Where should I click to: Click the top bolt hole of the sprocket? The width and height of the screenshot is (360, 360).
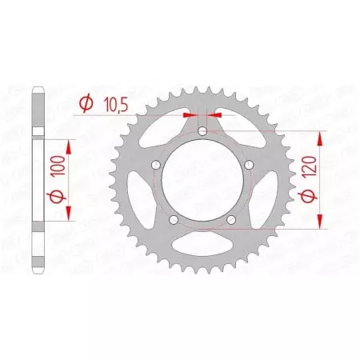(202, 130)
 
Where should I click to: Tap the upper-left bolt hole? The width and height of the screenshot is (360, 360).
(156, 164)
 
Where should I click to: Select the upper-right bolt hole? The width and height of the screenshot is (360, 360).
(249, 164)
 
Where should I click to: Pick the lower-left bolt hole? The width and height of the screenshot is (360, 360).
(174, 219)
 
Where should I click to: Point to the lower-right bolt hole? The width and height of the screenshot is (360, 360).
(231, 219)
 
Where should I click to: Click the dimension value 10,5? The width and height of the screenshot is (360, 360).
(113, 102)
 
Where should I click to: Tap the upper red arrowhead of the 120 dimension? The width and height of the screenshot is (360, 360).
(320, 138)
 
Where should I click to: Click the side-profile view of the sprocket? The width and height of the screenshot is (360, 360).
(37, 181)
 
